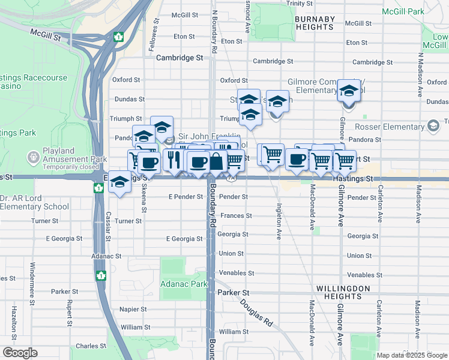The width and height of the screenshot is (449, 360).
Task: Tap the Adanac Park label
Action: (184, 283)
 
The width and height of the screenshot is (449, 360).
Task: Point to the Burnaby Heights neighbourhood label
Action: (315, 23)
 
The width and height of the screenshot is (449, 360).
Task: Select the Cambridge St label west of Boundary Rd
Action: (179, 58)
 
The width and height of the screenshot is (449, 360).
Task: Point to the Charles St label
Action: (91, 346)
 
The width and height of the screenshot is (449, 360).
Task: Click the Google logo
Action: (20, 353)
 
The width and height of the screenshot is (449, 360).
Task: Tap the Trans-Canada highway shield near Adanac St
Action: (100, 275)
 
